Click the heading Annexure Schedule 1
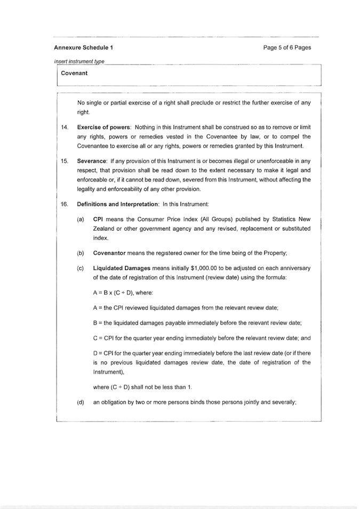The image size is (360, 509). point(83,47)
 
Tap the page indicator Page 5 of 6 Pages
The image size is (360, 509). point(287,47)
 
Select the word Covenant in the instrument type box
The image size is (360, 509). point(74,73)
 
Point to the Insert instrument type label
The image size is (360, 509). point(79,62)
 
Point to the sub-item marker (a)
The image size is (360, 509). point(81,219)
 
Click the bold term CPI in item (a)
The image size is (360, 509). point(99,219)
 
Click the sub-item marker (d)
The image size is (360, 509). point(81,402)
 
